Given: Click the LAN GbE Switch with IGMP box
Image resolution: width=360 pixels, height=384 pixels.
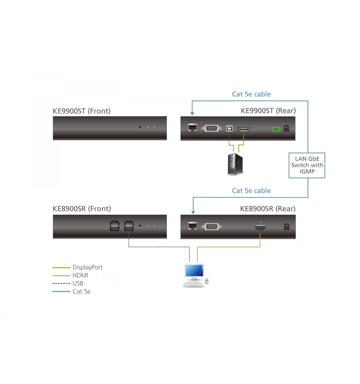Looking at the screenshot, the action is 307,165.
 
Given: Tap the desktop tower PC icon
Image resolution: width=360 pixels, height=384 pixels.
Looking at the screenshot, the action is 235,164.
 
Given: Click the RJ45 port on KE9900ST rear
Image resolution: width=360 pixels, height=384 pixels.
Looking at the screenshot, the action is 192,128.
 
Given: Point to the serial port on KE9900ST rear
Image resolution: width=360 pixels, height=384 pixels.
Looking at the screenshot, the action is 212,128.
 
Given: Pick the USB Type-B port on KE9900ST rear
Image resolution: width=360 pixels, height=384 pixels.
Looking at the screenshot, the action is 229,128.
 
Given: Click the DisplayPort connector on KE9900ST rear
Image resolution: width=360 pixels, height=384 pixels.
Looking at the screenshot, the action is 244,129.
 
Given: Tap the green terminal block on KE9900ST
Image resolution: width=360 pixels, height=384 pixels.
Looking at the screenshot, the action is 276,129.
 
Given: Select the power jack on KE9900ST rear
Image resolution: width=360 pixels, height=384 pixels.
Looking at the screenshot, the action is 286,128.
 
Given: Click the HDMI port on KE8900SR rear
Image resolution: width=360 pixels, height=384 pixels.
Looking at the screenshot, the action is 260,227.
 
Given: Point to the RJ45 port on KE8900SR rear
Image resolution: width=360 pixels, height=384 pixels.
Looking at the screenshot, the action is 192,226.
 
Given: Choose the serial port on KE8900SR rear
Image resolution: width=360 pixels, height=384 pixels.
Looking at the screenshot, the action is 212,227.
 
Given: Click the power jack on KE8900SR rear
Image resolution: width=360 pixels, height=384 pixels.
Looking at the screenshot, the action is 286,227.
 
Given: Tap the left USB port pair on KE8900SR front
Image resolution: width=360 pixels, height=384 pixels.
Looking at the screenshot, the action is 114,226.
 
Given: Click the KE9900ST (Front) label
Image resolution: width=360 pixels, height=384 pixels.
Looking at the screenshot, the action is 82,111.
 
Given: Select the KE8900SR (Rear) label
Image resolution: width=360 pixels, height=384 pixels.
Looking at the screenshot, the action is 268,209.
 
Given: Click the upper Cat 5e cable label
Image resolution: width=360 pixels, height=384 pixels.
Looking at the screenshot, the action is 252,94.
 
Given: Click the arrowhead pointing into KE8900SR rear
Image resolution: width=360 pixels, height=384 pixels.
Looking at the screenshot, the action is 193,212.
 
